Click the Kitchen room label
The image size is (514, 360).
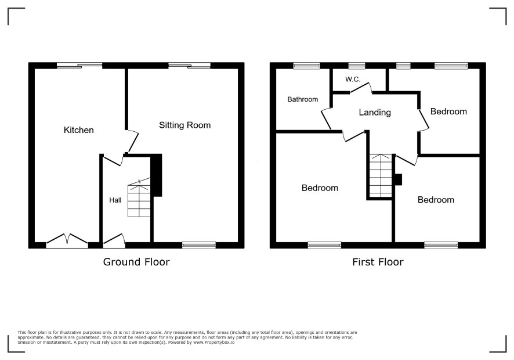pos(79,130)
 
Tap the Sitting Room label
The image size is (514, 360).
pos(185,125)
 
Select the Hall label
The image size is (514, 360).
pos(115,200)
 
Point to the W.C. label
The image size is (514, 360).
pos(353,79)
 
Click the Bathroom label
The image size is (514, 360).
pos(303,99)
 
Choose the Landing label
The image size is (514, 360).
pos(375,113)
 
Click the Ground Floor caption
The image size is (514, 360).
pos(136,262)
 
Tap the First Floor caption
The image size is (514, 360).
pos(378,262)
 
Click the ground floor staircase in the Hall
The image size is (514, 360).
pos(139,198)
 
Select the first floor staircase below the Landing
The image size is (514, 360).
pos(381,175)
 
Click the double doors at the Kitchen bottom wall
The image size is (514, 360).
pos(67,239)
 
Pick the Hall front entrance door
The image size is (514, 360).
pos(114,240)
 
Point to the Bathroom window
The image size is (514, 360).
pos(306,66)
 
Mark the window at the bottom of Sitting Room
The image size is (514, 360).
pos(199,245)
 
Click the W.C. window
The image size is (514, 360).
pos(357,66)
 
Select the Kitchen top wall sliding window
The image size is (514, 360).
pos(79,66)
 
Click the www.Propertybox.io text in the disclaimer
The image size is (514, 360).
pos(213,342)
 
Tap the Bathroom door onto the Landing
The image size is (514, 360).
pos(326,118)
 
